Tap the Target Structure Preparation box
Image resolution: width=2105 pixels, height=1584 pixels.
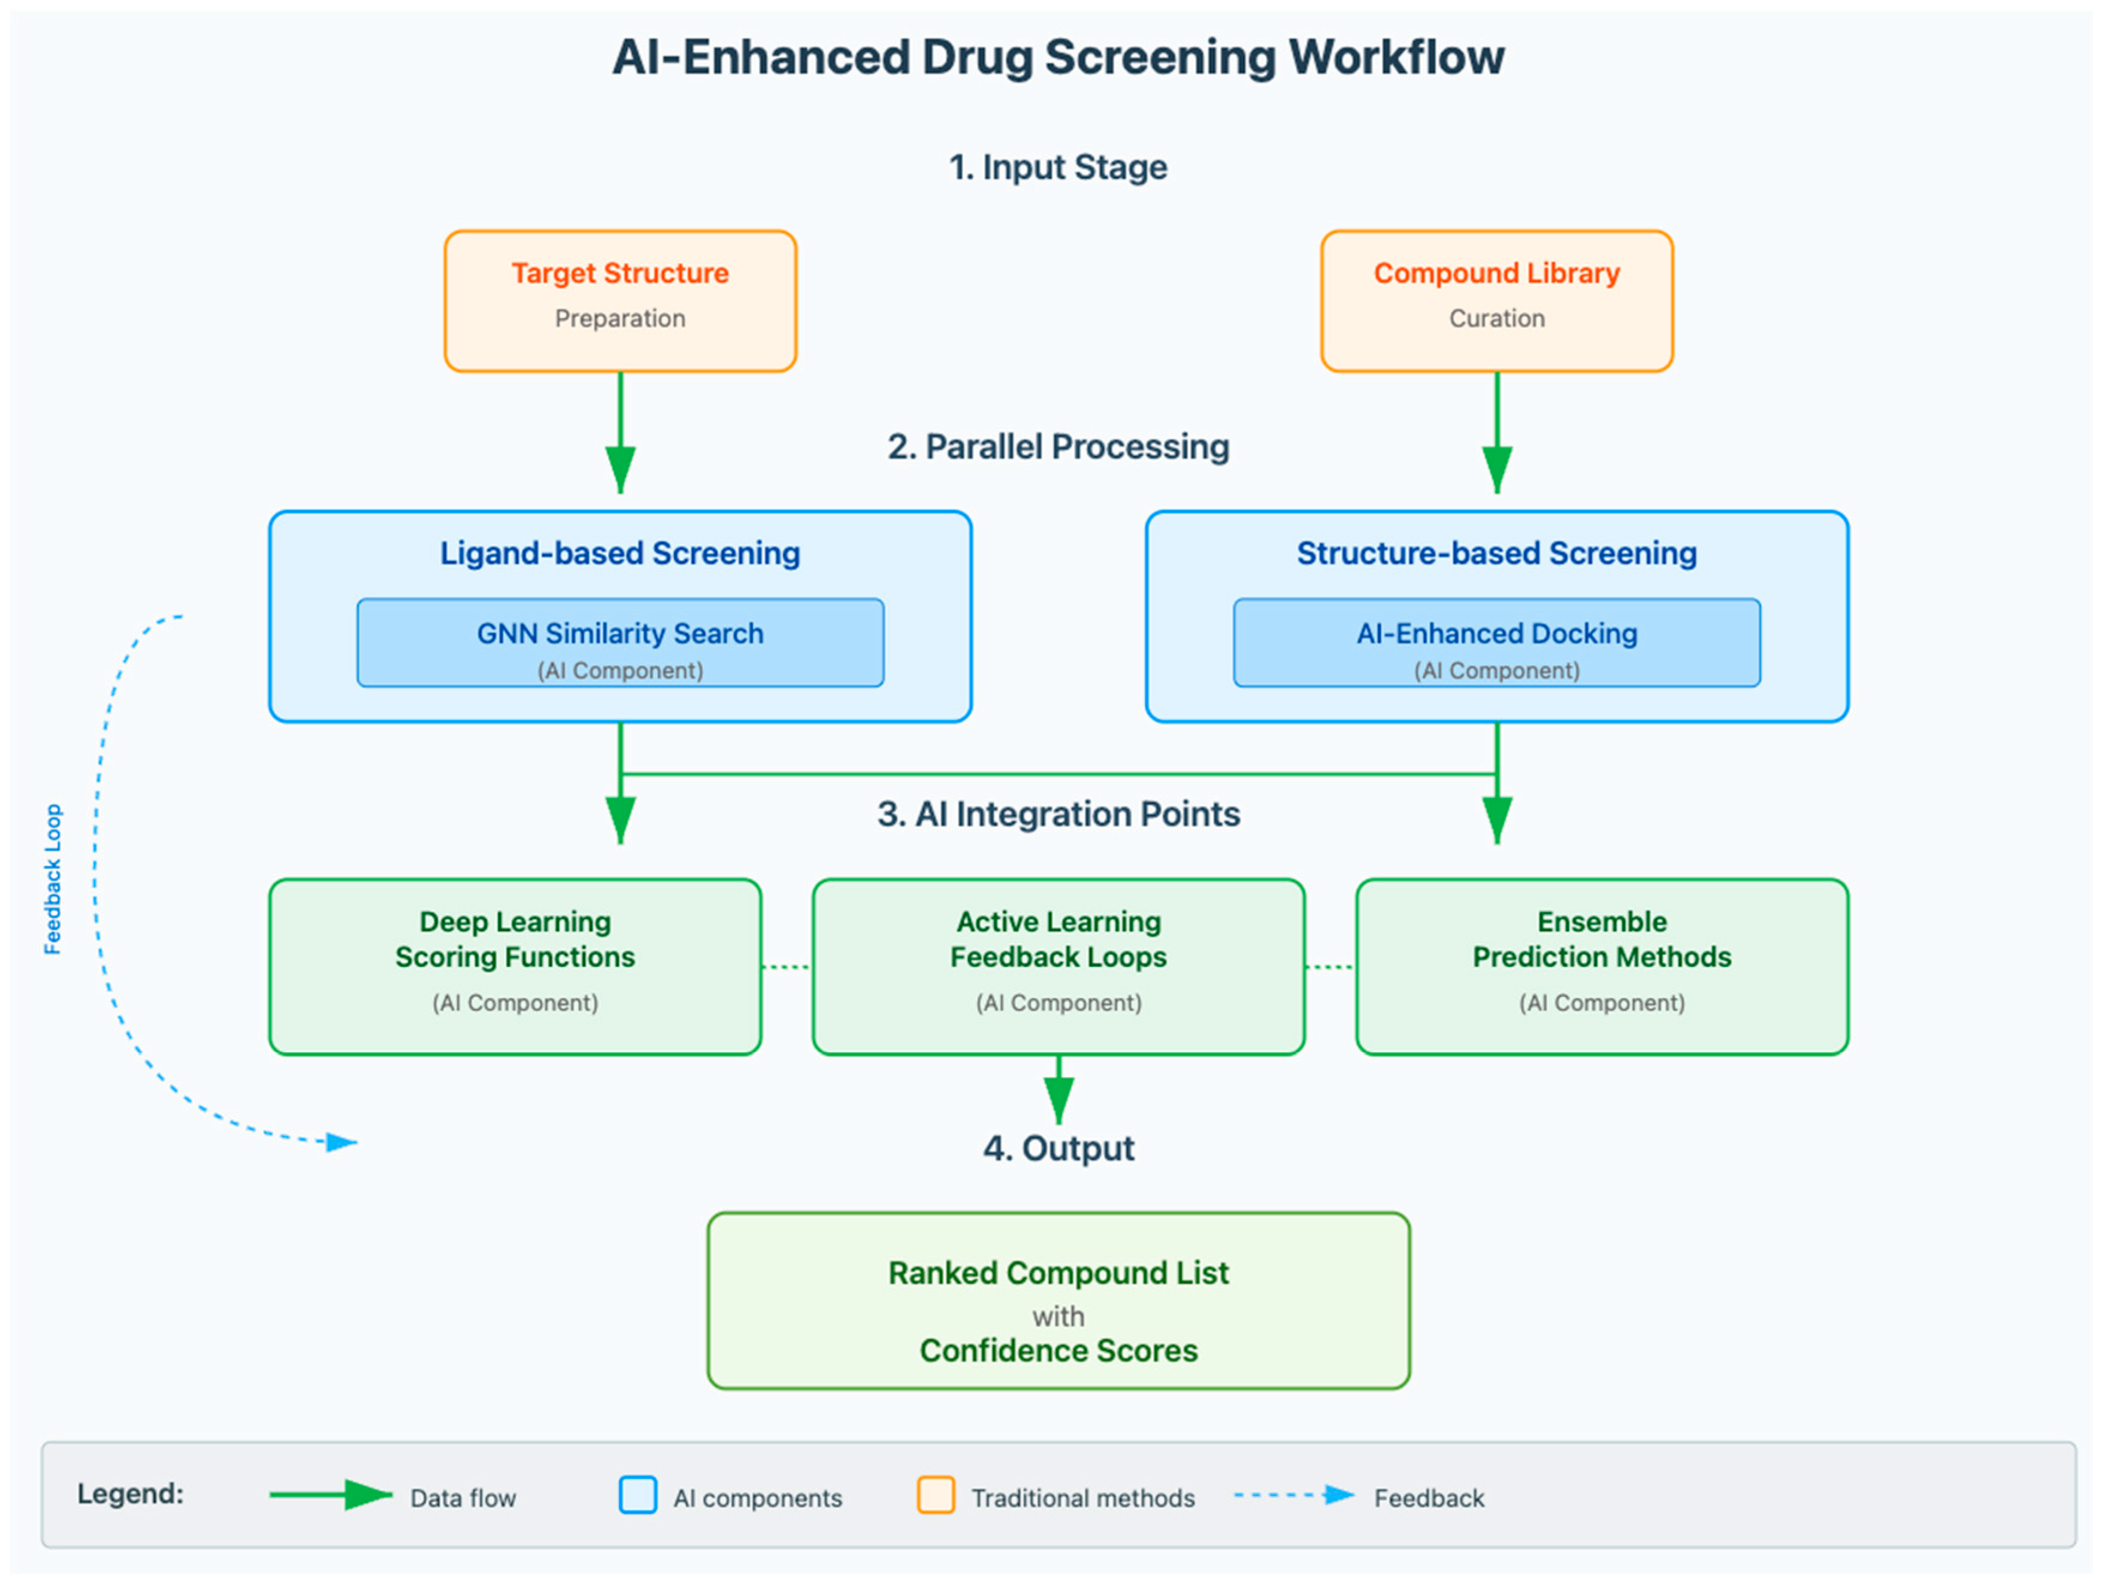pyautogui.click(x=621, y=301)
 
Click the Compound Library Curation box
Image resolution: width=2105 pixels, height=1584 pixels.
pyautogui.click(x=1497, y=301)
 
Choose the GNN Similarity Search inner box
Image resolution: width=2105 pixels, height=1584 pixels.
pyautogui.click(x=621, y=643)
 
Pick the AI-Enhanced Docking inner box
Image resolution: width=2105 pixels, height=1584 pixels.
pyautogui.click(x=1497, y=643)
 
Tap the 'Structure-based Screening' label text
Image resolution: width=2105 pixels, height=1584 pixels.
pyautogui.click(x=1497, y=553)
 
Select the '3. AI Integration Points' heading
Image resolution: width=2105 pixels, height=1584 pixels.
pyautogui.click(x=1058, y=814)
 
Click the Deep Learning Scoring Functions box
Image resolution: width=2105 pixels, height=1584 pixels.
pyautogui.click(x=515, y=966)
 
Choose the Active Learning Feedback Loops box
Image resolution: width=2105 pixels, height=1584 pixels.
pyautogui.click(x=1058, y=966)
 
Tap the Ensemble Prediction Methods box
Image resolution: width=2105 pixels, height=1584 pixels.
pyautogui.click(x=1602, y=966)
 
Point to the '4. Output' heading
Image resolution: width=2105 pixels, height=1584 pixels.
pyautogui.click(x=1058, y=1148)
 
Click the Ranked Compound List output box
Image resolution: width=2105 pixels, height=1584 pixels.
pyautogui.click(x=1058, y=1300)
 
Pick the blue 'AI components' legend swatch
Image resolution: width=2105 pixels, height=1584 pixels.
pyautogui.click(x=637, y=1495)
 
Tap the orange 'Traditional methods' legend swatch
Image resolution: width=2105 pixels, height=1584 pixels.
pyautogui.click(x=936, y=1495)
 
